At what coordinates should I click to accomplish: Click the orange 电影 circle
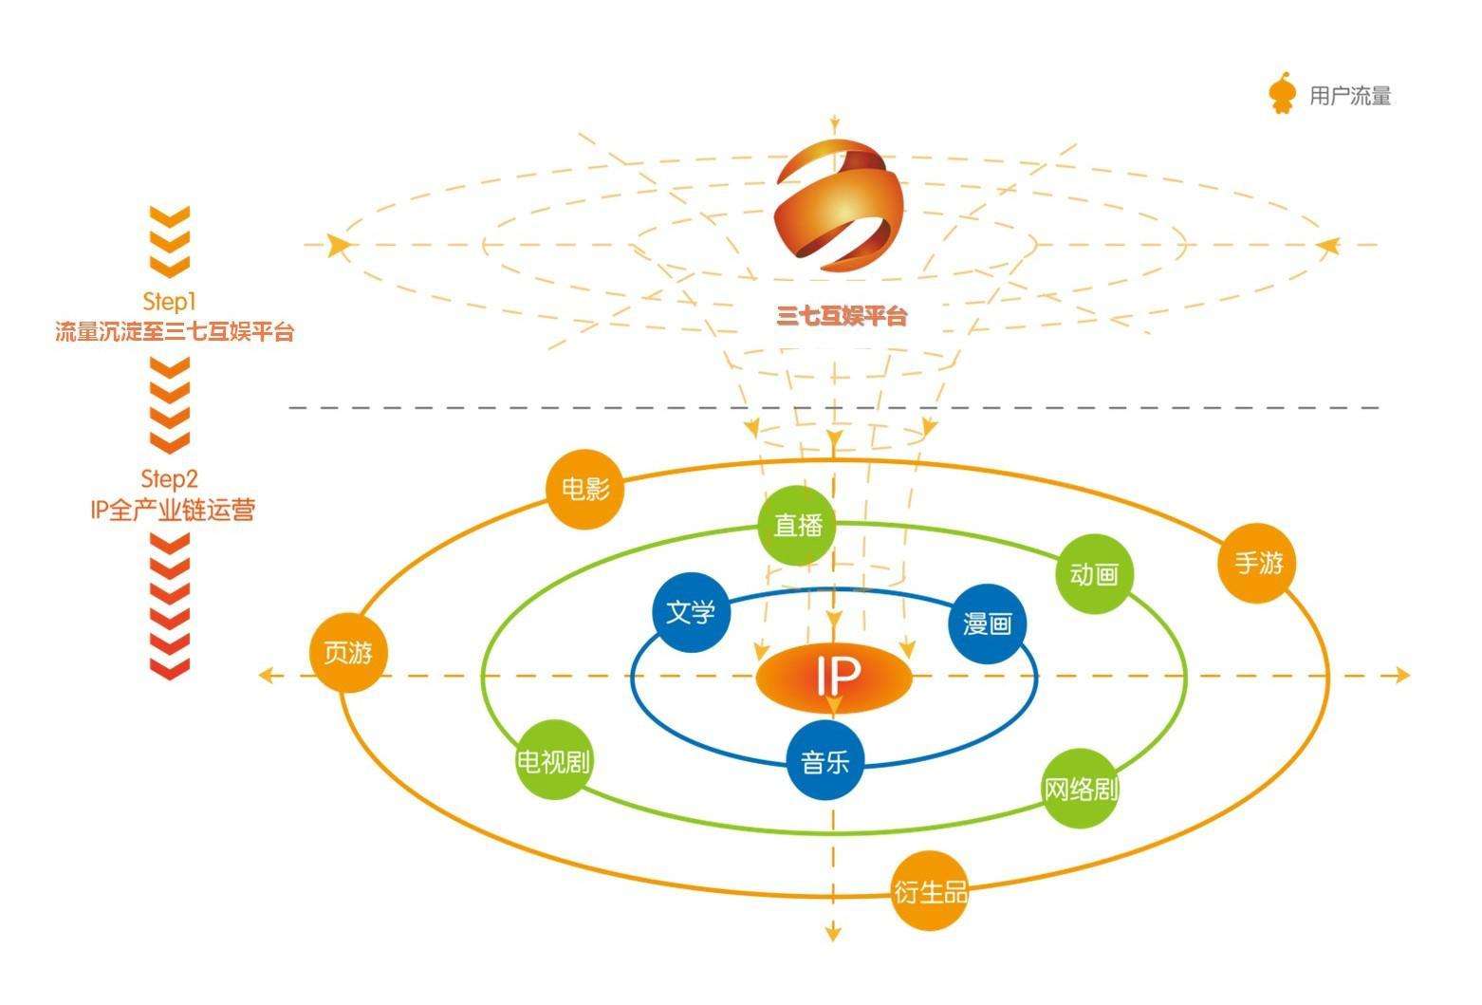point(585,489)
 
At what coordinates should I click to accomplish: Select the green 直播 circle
point(798,525)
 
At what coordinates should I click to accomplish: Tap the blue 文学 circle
point(691,612)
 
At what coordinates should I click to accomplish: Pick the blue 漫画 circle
point(988,623)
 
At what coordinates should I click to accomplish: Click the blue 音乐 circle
point(825,761)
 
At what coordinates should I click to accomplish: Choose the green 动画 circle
point(1094,573)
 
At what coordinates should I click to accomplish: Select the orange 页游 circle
point(348,653)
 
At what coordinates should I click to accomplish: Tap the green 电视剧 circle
point(554,761)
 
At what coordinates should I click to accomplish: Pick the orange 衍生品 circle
point(930,892)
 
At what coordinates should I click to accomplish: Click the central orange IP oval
point(834,676)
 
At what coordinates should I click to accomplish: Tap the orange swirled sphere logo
point(838,202)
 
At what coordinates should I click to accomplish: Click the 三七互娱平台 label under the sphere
point(842,316)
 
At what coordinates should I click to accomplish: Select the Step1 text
point(169,302)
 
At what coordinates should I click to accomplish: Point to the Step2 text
point(169,478)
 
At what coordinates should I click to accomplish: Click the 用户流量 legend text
point(1349,96)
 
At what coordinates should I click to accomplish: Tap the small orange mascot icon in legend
point(1283,94)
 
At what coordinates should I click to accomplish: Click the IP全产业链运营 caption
point(173,511)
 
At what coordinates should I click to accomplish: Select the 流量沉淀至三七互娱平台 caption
point(175,333)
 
